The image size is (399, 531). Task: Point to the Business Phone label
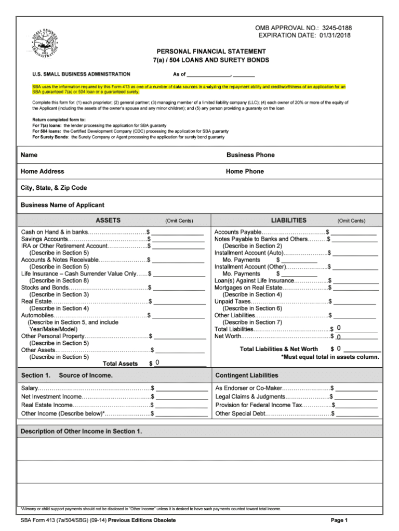click(x=250, y=155)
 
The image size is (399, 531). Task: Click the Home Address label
click(x=43, y=171)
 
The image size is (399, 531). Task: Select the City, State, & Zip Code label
click(x=54, y=188)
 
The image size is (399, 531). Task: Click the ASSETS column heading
click(x=108, y=220)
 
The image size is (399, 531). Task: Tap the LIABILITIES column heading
click(x=288, y=220)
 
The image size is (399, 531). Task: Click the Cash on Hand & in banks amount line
click(x=178, y=232)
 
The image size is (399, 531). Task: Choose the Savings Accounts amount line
click(x=178, y=239)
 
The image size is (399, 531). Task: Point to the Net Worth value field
click(x=355, y=336)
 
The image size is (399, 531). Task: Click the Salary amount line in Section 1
click(x=181, y=388)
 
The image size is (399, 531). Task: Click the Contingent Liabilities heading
click(x=246, y=375)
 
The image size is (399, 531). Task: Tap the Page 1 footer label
click(x=339, y=520)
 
